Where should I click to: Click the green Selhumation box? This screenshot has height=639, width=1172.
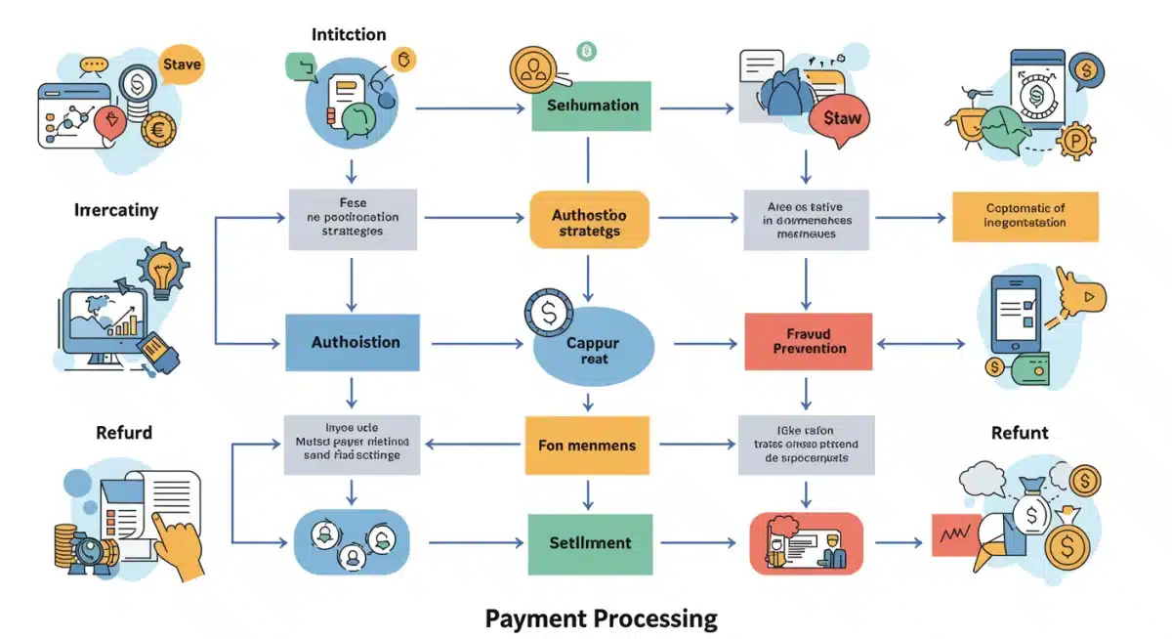[592, 106]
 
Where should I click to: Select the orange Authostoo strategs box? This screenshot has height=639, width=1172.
[589, 221]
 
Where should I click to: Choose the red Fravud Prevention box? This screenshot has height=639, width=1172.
[809, 341]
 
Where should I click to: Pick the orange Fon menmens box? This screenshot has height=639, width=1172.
[587, 446]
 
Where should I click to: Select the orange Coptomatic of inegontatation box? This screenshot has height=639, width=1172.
[1025, 216]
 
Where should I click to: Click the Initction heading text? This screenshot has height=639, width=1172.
[349, 34]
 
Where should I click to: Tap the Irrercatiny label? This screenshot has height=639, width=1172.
[115, 209]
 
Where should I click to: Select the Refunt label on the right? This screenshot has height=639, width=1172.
[1020, 433]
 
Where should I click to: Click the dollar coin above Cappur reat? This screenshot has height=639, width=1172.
[542, 315]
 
